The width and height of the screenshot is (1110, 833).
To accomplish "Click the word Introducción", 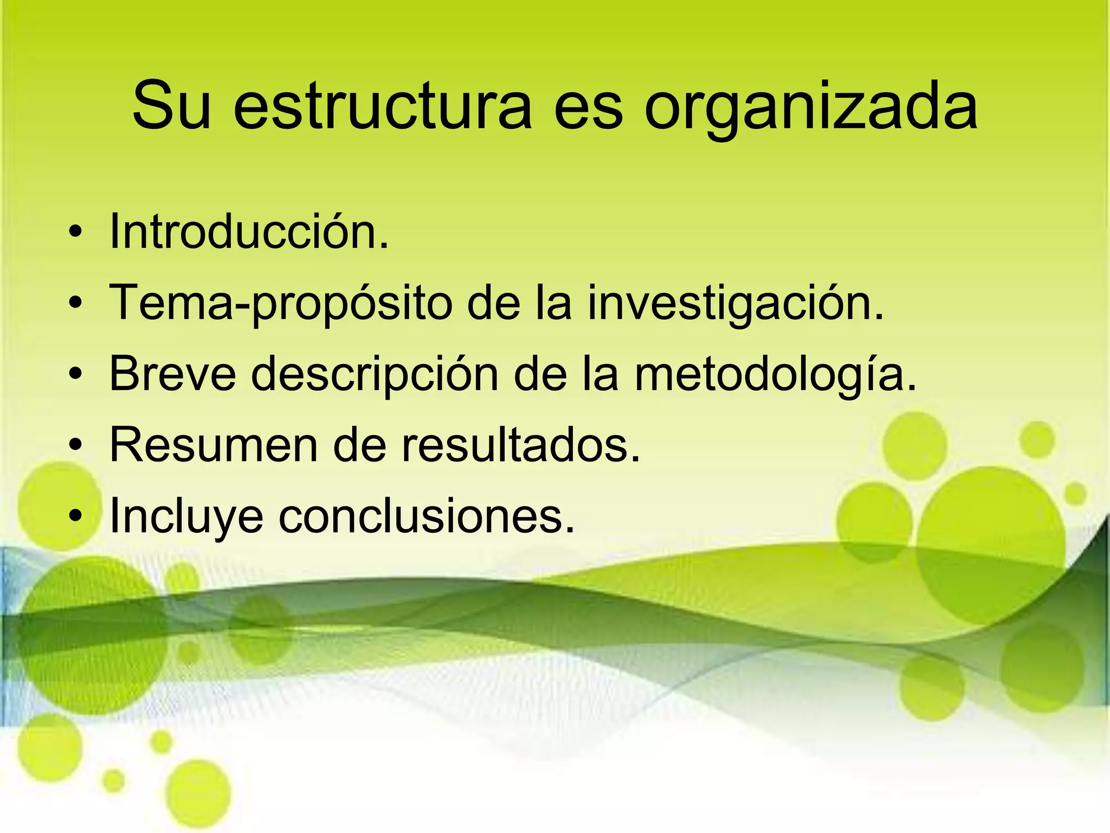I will pyautogui.click(x=249, y=232).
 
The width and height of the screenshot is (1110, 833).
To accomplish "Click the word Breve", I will pyautogui.click(x=173, y=374).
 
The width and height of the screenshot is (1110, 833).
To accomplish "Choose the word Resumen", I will pyautogui.click(x=214, y=445).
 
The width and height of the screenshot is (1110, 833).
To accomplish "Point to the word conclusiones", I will pyautogui.click(x=426, y=515).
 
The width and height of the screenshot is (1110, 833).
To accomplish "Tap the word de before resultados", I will pyautogui.click(x=359, y=445).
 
